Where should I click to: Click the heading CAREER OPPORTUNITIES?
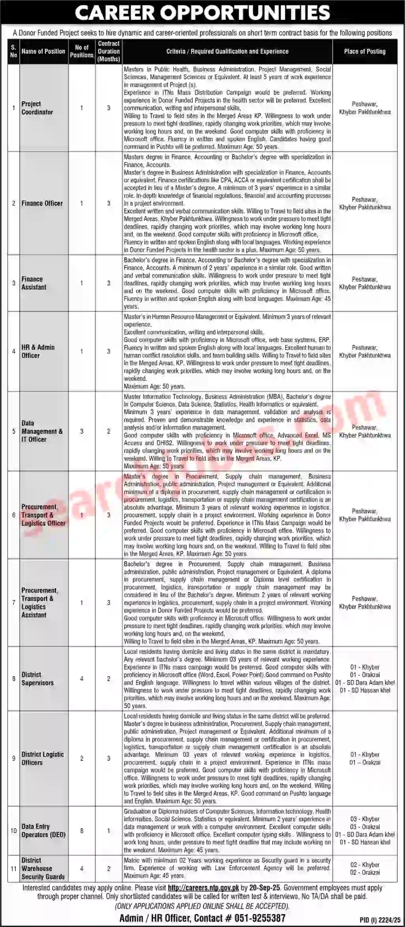click(202, 13)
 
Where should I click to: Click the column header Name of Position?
click(43, 51)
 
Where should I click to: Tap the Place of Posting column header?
click(365, 51)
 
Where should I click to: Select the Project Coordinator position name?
click(37, 108)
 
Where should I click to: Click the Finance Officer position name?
click(42, 203)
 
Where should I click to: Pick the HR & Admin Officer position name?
click(38, 351)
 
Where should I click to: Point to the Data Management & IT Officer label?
click(42, 431)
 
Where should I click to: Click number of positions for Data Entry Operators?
click(82, 831)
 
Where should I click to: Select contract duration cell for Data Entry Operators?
click(109, 831)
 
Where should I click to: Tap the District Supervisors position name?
click(38, 679)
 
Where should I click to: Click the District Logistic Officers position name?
click(43, 758)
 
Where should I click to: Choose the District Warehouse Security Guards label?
click(43, 868)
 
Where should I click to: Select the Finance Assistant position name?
click(34, 283)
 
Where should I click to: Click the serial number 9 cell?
click(14, 758)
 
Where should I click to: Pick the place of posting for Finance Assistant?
click(365, 283)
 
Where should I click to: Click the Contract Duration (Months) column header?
click(109, 51)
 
